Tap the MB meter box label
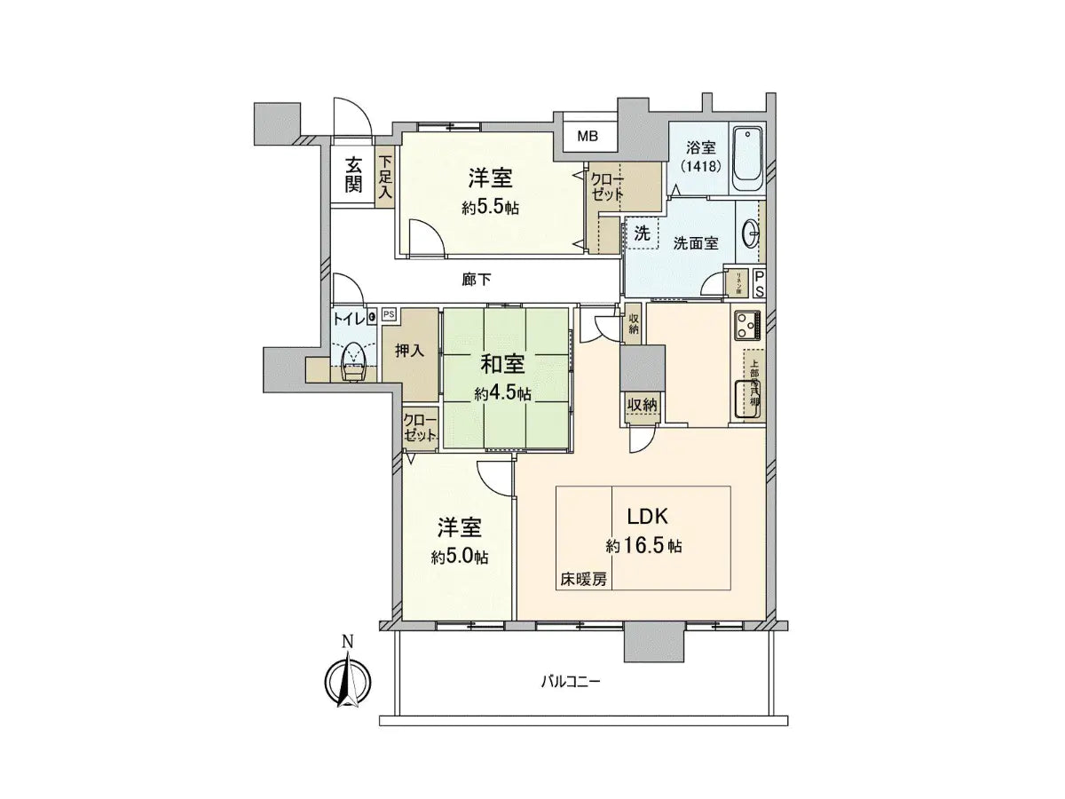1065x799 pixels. (588, 137)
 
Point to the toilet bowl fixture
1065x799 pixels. (354, 360)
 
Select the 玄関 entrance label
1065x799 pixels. (353, 174)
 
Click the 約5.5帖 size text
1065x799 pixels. (490, 209)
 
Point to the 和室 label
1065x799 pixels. (502, 364)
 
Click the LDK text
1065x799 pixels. (643, 518)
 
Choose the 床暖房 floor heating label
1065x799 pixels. (583, 579)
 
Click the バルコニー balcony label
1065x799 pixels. (572, 682)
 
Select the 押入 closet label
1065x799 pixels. (410, 350)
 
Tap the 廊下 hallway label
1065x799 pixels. (477, 280)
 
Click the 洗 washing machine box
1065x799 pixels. (642, 233)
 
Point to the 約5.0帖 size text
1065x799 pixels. (459, 558)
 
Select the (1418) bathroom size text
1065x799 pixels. (699, 166)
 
